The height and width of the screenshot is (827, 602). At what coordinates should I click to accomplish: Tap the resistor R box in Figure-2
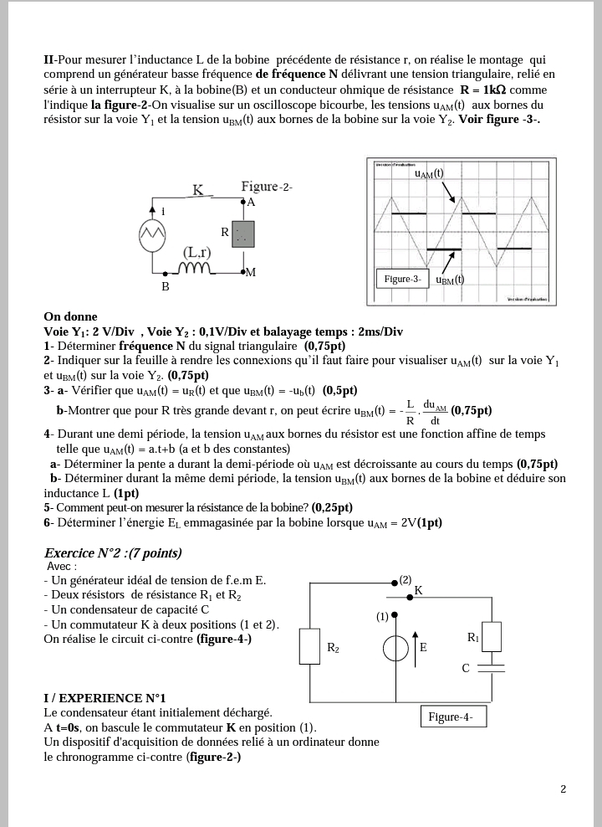[x=243, y=234]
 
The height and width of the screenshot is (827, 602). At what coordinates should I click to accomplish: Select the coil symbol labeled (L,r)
[x=198, y=269]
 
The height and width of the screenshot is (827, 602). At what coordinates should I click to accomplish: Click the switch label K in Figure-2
[x=199, y=190]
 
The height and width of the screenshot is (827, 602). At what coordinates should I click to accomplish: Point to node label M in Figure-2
[x=250, y=273]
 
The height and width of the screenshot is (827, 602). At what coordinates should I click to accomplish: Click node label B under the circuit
[x=166, y=286]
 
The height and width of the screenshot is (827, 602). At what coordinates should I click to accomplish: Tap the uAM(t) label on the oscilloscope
[x=428, y=174]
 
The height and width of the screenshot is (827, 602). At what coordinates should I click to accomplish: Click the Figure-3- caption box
[x=401, y=279]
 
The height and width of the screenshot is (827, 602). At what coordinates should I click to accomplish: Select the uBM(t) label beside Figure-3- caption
[x=450, y=280]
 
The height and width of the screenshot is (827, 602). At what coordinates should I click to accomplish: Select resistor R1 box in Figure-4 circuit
[x=492, y=636]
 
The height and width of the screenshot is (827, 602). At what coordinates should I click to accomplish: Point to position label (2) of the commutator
[x=406, y=579]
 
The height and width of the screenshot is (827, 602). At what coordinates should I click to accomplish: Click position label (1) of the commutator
[x=383, y=617]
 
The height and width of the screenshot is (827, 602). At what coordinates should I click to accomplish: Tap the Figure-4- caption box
[x=451, y=717]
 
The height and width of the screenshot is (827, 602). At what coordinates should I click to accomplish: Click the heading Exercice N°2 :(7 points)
[x=113, y=553]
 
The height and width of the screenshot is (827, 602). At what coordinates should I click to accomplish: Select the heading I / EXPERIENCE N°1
[x=105, y=697]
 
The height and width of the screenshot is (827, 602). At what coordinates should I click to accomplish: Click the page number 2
[x=563, y=788]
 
